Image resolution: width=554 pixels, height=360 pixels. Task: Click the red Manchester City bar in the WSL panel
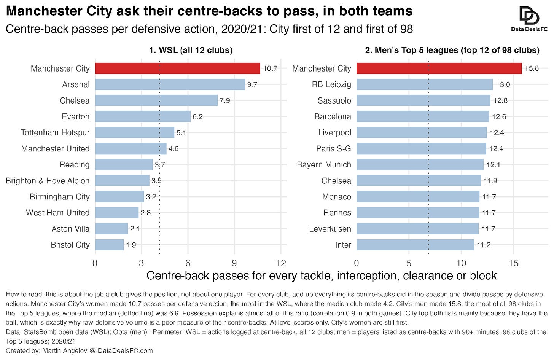(178, 68)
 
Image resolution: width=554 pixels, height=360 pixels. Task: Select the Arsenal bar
(170, 84)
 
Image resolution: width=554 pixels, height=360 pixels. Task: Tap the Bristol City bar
(109, 245)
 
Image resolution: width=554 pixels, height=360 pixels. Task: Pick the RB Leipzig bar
(425, 84)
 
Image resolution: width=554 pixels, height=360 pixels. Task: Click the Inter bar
(415, 245)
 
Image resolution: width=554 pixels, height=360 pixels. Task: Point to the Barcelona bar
(423, 116)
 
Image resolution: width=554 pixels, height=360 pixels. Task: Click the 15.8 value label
(532, 68)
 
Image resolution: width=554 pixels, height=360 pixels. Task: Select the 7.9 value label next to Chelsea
(225, 100)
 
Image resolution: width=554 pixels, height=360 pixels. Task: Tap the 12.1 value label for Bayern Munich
(494, 164)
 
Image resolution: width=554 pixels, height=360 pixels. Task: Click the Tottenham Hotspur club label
(55, 132)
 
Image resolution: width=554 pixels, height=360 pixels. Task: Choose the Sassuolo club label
(334, 100)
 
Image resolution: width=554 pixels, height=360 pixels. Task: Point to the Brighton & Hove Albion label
(48, 181)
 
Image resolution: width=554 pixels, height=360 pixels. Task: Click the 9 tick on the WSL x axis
(234, 263)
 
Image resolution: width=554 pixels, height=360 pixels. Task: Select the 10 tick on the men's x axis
(461, 263)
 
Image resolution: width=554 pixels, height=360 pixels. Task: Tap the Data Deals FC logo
(529, 19)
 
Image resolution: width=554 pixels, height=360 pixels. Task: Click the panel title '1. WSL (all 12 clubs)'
(191, 50)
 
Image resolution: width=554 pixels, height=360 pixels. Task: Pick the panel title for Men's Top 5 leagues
(452, 50)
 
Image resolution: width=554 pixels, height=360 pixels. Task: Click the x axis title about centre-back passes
(322, 276)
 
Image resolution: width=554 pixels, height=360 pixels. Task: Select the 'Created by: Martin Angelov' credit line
(79, 350)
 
